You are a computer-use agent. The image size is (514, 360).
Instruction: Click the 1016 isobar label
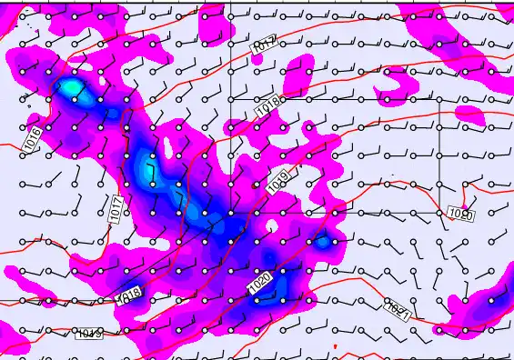click(33, 139)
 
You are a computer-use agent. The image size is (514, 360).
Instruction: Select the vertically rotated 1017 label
click(116, 208)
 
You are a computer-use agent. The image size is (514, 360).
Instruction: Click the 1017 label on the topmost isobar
click(264, 44)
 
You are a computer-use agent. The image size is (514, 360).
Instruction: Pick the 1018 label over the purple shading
click(131, 295)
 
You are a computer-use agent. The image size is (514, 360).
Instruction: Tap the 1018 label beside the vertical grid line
click(267, 109)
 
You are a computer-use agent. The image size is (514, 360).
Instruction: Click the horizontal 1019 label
click(88, 334)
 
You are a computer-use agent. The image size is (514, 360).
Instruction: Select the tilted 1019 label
click(279, 182)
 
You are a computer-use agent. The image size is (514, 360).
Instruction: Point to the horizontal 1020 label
click(461, 214)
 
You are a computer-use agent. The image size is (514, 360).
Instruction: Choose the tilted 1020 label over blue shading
click(260, 283)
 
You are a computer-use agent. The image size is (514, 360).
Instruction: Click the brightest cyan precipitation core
click(70, 88)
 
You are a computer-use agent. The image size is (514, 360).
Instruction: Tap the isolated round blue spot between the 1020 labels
click(323, 242)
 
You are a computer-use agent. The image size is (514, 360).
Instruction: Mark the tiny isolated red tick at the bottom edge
click(335, 347)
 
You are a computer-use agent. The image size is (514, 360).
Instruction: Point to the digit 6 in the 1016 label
click(36, 132)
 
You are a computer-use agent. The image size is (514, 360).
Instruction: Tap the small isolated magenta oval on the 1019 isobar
click(469, 115)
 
